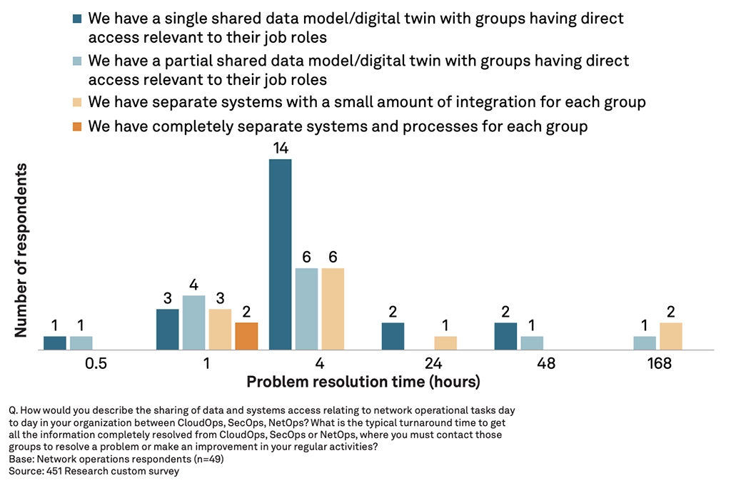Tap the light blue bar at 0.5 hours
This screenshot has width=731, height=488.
81,343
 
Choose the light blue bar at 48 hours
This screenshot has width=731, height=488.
532,343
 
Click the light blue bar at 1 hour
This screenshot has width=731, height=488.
193,322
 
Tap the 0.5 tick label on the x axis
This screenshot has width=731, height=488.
96,364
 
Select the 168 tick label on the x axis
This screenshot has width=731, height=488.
659,364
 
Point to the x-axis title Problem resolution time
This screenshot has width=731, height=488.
363,382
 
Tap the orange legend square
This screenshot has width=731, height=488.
76,127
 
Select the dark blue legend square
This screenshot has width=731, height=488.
76,19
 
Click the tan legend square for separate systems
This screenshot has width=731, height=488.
76,103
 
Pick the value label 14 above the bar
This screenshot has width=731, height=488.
280,149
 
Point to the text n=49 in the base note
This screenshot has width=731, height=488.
207,459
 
